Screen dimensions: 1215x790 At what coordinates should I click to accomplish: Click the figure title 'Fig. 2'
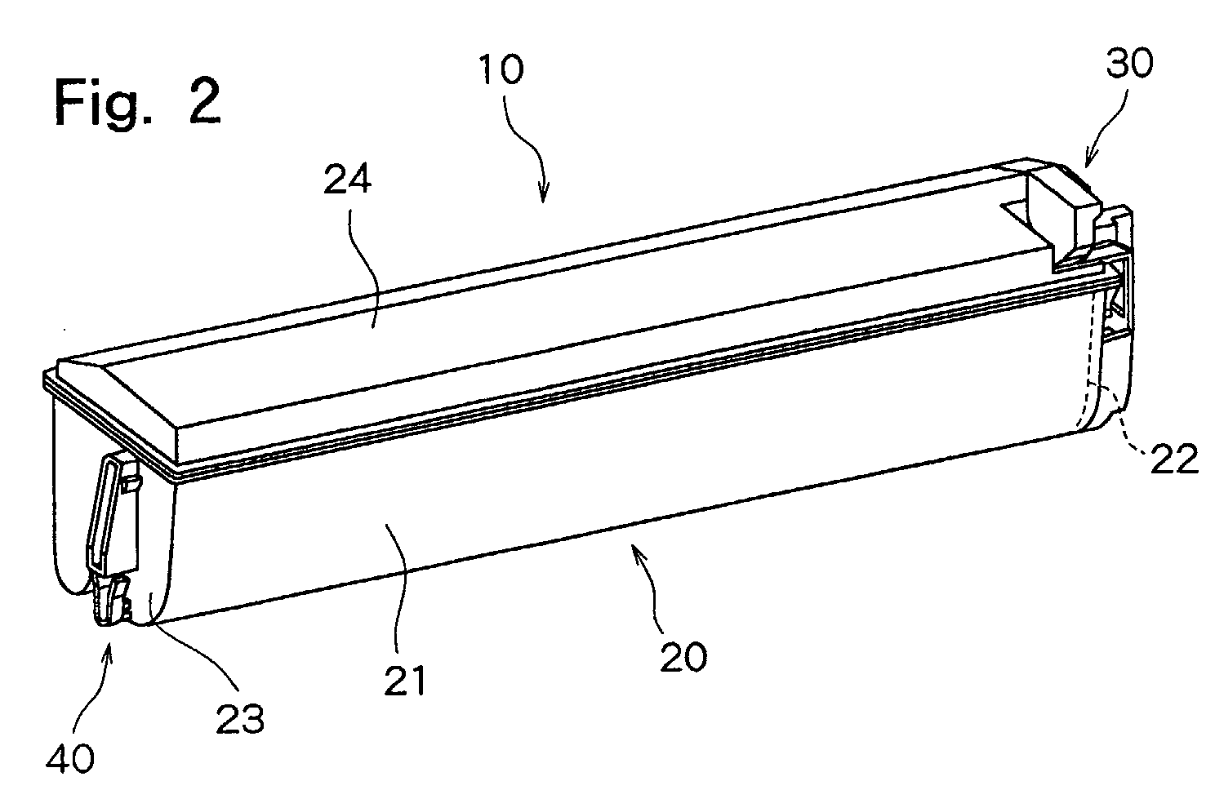coord(138,102)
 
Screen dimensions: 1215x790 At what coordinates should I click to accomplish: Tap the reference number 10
coord(501,69)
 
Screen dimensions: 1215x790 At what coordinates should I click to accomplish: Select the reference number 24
coord(348,180)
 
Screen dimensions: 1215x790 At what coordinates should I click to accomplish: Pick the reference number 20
coord(683,658)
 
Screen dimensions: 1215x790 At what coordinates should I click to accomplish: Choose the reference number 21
coord(405,681)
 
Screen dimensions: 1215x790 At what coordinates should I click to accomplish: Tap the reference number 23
coord(240,720)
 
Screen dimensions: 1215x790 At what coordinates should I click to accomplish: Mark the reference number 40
coord(70,757)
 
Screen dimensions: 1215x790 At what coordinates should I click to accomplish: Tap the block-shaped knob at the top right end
coord(1063,217)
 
